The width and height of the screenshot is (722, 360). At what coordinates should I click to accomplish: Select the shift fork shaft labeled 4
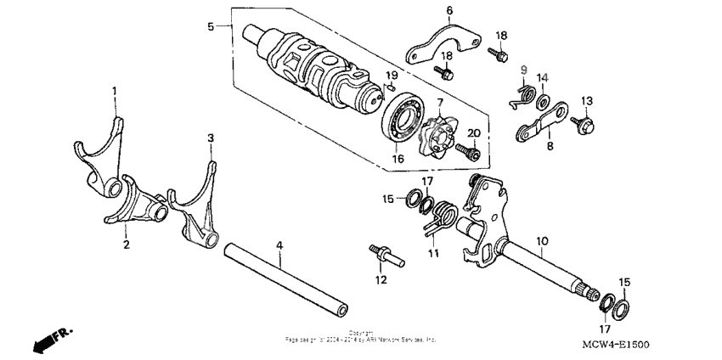(289, 279)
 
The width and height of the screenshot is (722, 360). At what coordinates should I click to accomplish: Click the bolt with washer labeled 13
(586, 127)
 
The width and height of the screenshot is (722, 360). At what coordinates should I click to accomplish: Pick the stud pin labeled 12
(380, 254)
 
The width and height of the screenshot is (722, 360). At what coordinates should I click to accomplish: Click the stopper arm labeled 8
(540, 122)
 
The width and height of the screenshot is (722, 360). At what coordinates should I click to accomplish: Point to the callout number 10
(540, 241)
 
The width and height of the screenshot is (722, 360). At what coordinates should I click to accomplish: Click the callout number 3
(212, 137)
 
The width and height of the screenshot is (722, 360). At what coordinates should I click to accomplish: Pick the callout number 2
(126, 245)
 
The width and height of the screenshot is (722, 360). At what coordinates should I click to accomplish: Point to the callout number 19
(391, 76)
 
